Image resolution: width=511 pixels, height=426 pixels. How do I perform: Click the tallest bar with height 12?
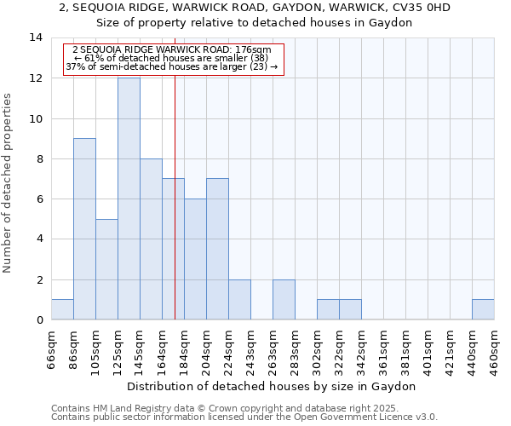click(x=129, y=199)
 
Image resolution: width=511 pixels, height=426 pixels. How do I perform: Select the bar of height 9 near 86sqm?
click(x=84, y=228)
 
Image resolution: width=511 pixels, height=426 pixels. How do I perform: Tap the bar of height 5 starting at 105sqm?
click(x=106, y=269)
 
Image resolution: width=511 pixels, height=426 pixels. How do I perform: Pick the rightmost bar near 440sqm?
click(x=483, y=309)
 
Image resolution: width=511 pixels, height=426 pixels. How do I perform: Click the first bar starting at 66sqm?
click(x=62, y=309)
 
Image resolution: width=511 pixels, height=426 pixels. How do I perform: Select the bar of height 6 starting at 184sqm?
click(x=195, y=259)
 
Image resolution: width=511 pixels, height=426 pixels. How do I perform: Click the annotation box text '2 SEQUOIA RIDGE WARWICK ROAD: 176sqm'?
click(x=172, y=50)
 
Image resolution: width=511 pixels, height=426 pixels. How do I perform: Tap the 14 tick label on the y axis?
click(x=36, y=37)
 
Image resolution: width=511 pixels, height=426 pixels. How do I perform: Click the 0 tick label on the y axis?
click(x=39, y=319)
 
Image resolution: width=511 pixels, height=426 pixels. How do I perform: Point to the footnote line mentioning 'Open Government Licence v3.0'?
click(x=244, y=417)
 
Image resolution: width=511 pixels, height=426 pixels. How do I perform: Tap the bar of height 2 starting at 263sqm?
click(x=284, y=299)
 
